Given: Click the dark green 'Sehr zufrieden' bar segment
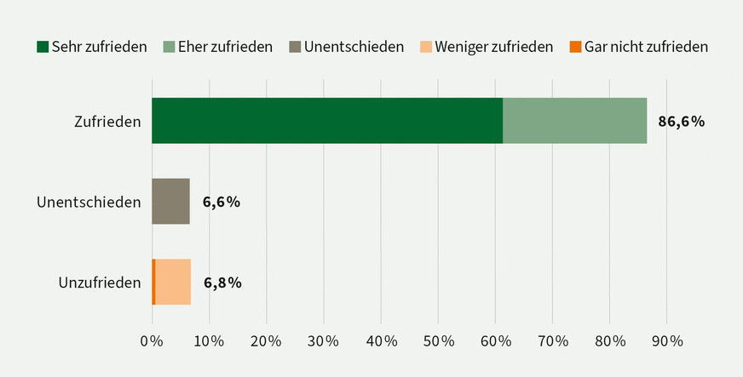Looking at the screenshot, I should point(327,121).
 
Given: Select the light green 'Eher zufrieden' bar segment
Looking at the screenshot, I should point(574,121).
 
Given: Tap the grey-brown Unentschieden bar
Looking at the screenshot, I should point(170,202).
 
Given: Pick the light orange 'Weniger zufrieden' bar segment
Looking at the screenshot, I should point(173,283).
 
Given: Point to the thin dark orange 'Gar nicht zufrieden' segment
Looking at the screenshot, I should point(153,283).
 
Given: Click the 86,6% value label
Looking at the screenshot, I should point(681,121).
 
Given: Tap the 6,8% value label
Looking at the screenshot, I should point(222,283).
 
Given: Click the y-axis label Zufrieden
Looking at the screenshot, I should point(107,122).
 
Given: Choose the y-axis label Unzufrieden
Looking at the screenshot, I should point(100,283).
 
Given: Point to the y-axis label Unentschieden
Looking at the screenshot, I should point(89,203).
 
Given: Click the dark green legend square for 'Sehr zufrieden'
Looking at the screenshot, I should point(43,46).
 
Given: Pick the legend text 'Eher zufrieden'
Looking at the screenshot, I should point(225,46).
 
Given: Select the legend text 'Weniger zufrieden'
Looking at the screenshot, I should point(493,46).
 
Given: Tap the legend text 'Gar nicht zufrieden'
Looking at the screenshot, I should point(646,46).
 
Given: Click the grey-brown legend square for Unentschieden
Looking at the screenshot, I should point(294,46).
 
